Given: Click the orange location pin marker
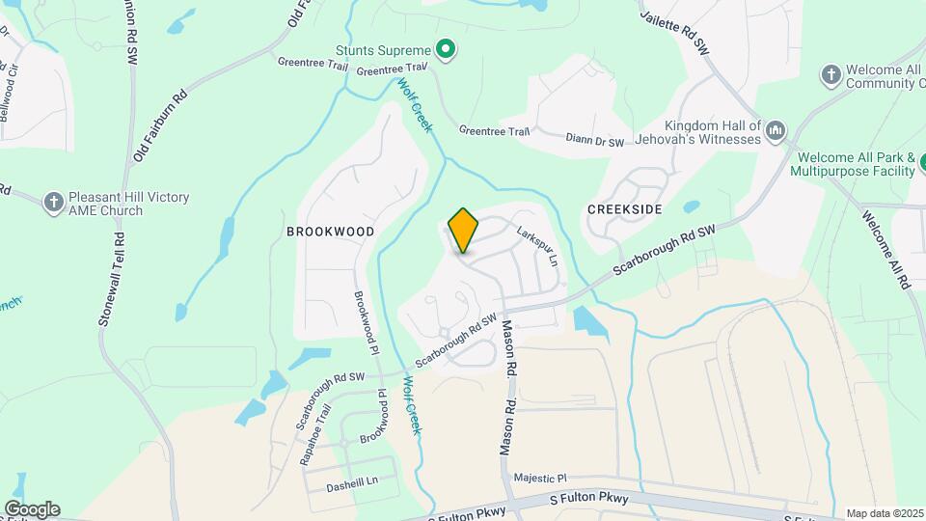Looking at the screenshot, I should pos(463,230).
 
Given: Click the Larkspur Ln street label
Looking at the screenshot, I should pos(538,247).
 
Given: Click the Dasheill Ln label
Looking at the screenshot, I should pos(352,480).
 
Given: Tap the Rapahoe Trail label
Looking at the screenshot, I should pos(314,435).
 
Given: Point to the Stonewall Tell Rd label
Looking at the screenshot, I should pos(112,277).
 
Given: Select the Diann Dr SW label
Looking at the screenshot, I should pos(595,142).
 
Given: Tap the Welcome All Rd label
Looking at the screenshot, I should pos(885,250).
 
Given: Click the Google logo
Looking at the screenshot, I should pos(32,508).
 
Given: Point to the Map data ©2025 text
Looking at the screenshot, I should pos(885,513).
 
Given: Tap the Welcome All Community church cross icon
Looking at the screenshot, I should pos(830,74).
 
